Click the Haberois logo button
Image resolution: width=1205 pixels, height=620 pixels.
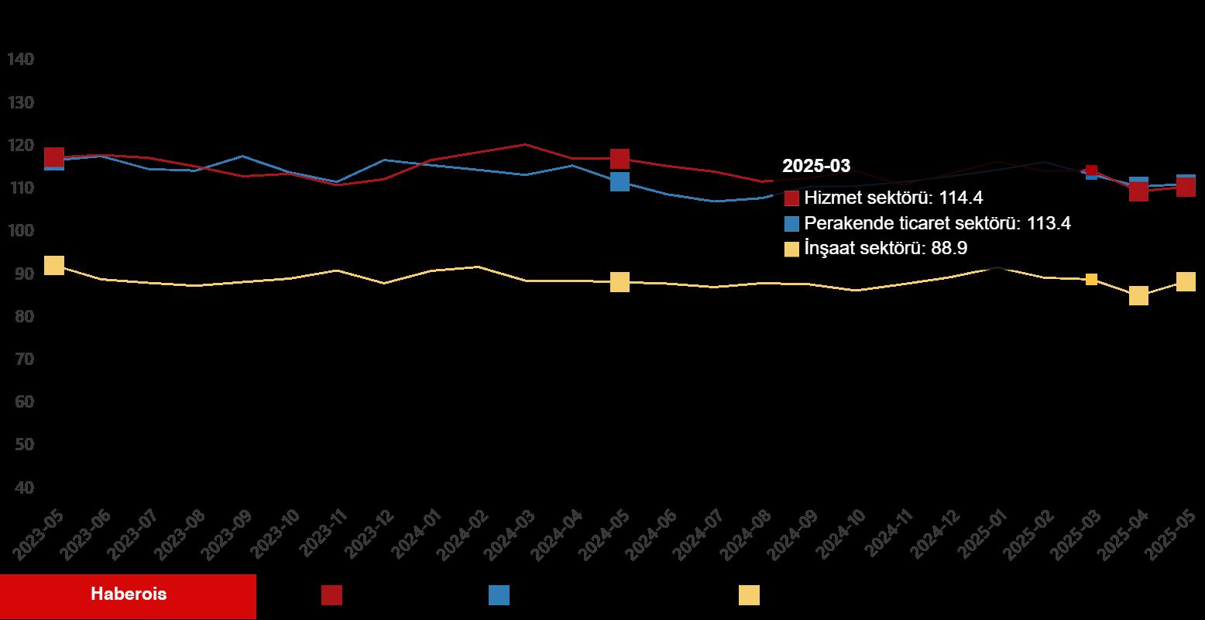point(129,595)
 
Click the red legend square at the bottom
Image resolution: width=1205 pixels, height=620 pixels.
point(331,595)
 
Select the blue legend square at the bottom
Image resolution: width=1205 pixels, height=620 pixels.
point(499,595)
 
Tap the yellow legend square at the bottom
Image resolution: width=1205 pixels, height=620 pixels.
point(749,595)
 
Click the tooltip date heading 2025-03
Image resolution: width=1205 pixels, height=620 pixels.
point(816,166)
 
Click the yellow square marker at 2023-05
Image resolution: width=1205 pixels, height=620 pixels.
point(54,265)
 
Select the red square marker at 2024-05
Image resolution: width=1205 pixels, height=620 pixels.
point(620,159)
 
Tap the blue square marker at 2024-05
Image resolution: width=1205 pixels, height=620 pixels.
point(620,181)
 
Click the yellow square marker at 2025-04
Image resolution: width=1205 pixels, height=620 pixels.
point(1138,295)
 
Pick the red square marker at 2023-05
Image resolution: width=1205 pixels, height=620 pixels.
point(54,157)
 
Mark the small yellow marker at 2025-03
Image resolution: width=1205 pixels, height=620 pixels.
point(1091,279)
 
